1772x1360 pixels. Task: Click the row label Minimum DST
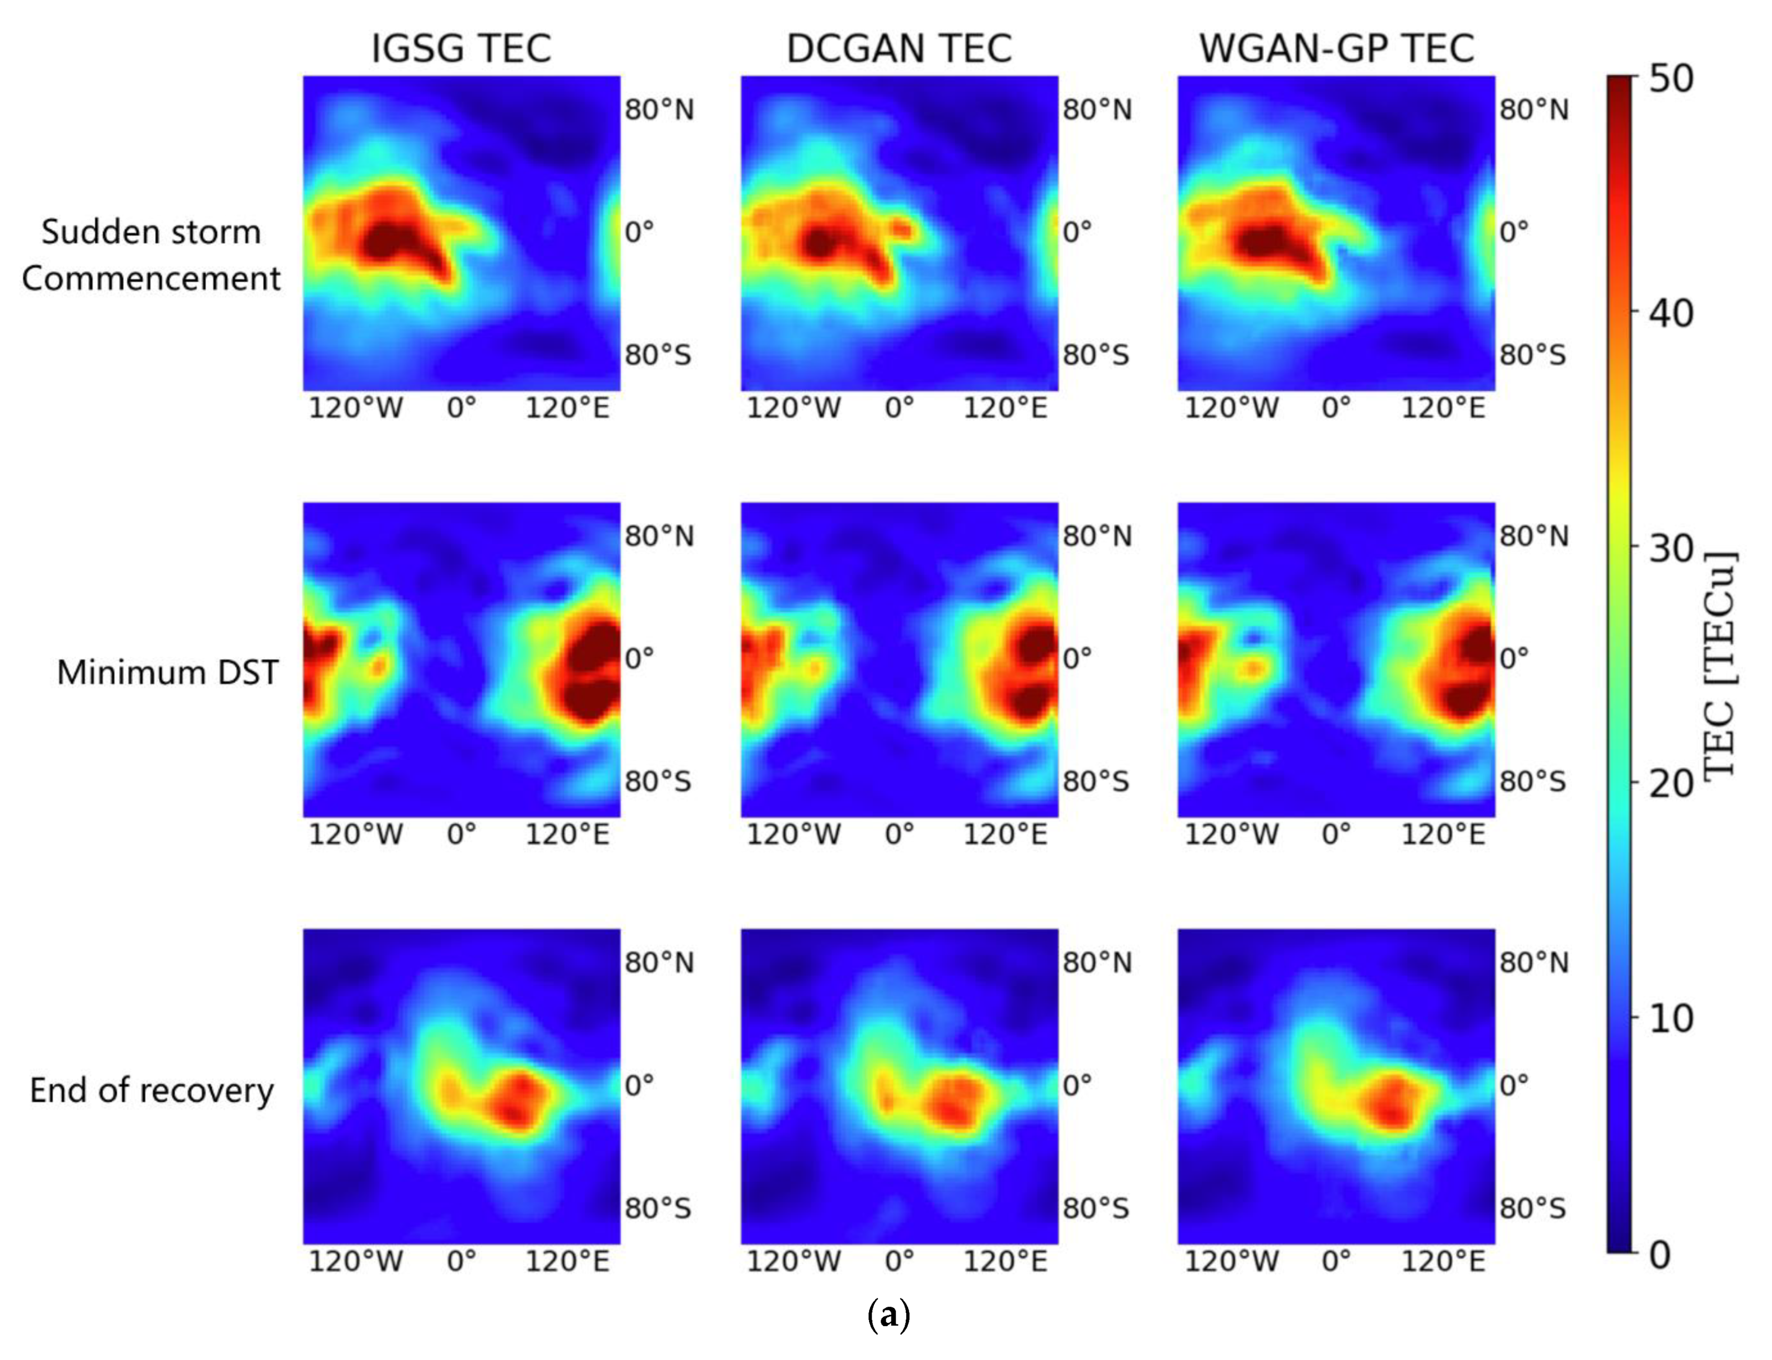click(167, 672)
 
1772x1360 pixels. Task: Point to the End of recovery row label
click(152, 1090)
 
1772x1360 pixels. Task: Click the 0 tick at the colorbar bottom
click(1660, 1254)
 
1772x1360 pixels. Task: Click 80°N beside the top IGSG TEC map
click(659, 109)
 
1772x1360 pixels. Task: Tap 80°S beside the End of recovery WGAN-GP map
click(1533, 1208)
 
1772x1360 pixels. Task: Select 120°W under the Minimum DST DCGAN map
click(793, 834)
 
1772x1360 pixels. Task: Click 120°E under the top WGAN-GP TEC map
click(1443, 407)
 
